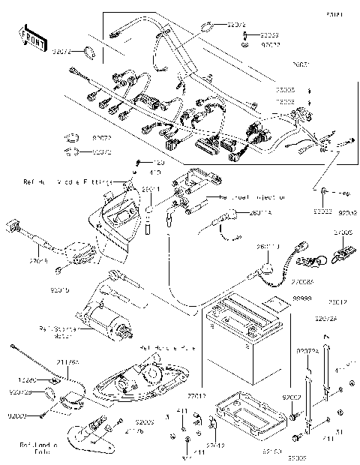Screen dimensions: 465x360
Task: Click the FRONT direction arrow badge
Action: (34, 39)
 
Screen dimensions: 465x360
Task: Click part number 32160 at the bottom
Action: (271, 452)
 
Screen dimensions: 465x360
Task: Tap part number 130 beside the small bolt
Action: (158, 162)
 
